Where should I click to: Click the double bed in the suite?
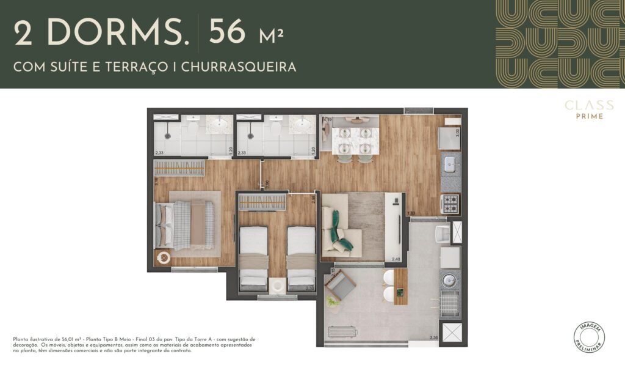coord(186,225)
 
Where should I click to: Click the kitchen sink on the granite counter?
coord(450,163)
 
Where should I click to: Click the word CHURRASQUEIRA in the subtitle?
coord(242,67)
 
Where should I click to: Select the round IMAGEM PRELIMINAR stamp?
coord(590,336)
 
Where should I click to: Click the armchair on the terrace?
coord(341,285)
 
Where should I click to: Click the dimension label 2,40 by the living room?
coord(396,259)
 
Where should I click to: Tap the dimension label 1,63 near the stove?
coord(411,213)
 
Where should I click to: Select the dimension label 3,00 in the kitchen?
coord(457,130)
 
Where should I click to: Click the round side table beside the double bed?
coord(164,258)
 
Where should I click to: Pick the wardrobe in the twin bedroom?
coord(262,202)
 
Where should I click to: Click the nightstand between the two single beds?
coord(278,285)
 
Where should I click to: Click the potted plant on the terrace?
coord(333,301)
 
